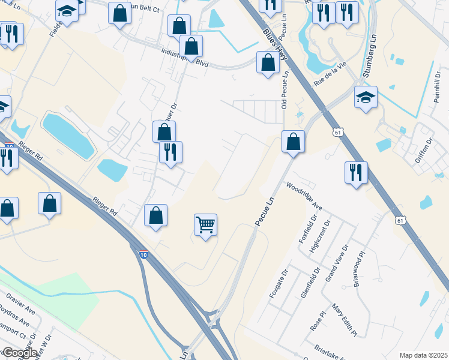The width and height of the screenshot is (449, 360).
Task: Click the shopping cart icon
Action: click(x=205, y=225)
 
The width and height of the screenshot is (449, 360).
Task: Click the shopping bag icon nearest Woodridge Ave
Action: click(x=293, y=142)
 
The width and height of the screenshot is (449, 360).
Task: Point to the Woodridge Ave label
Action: click(x=304, y=196)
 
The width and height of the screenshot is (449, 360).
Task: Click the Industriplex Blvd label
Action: click(x=184, y=56)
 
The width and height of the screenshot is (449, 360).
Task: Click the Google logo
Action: click(x=19, y=353)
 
